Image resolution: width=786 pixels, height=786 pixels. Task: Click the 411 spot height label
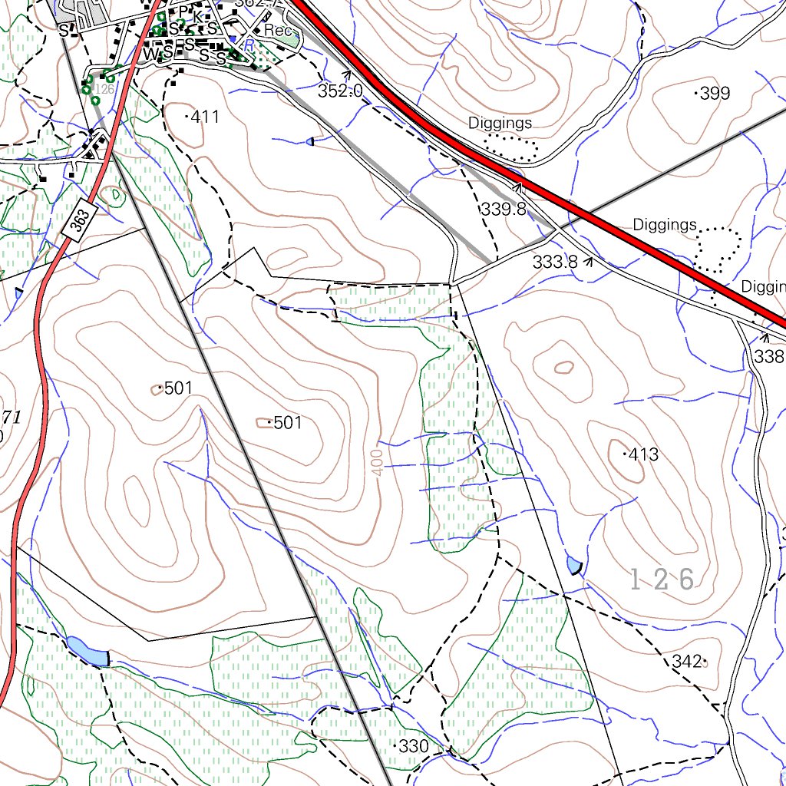pos(205,117)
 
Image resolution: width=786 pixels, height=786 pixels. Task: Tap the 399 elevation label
pos(715,94)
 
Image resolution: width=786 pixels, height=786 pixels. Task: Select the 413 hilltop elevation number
pos(643,454)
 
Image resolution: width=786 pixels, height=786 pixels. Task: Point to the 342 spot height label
pos(687,661)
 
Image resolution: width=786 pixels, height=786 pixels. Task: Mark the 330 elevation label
pos(414,746)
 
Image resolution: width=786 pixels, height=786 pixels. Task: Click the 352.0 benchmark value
pos(340,91)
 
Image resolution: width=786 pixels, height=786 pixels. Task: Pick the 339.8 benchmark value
pos(504,209)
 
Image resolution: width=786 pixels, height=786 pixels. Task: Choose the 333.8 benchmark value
pos(555,262)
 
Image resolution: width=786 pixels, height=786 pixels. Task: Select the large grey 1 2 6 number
pos(662,580)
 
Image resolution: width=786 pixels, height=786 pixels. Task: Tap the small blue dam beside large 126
pos(573,566)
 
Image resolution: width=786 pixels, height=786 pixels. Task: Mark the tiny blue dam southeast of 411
pos(310,141)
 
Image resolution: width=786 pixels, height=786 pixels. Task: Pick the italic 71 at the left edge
pos(11,417)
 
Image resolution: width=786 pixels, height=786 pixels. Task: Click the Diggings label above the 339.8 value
pos(500,123)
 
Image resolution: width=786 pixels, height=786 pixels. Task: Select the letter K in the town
pos(198,15)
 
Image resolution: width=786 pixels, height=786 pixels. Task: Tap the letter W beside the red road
pos(147,54)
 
